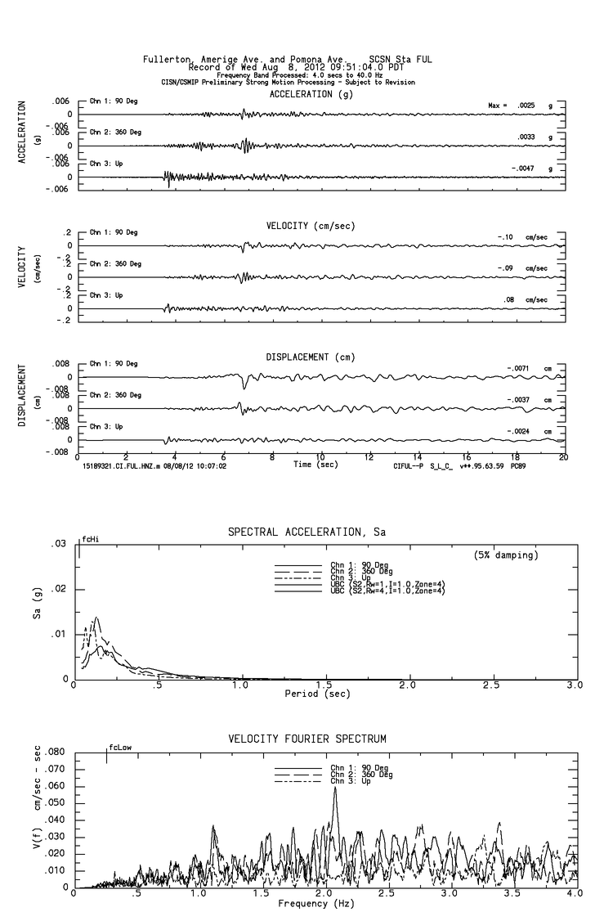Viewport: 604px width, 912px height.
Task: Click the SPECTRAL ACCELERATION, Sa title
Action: pos(306,532)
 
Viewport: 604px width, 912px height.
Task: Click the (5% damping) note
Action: pos(506,555)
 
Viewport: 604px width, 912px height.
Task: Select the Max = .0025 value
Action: pos(512,106)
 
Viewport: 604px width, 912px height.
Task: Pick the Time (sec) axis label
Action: pos(317,465)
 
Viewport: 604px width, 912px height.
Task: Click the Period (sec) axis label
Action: pos(317,694)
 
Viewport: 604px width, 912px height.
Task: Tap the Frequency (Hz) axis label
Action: pos(317,903)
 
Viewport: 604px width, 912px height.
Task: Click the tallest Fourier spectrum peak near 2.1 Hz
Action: pos(335,788)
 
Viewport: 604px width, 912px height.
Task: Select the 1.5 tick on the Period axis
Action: pos(324,686)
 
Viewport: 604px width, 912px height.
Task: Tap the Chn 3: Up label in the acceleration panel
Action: pos(105,163)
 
